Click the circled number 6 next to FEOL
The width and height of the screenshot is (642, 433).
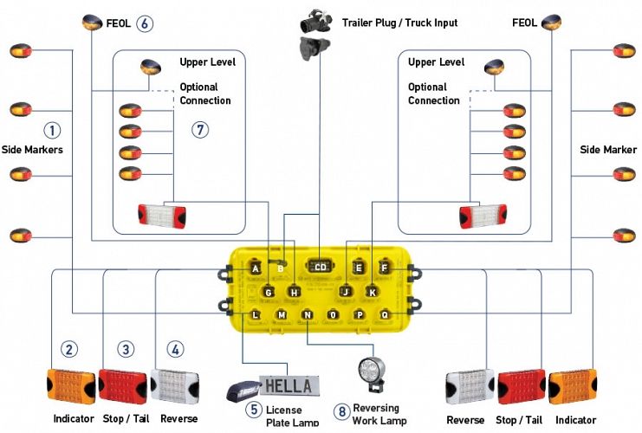click(x=145, y=23)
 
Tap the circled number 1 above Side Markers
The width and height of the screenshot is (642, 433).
click(x=53, y=131)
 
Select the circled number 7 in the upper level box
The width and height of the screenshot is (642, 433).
click(x=201, y=130)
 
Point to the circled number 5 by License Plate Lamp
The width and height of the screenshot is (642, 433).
click(x=253, y=409)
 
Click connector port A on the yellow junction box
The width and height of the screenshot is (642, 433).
click(x=256, y=268)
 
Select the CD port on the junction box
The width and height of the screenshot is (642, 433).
click(x=321, y=268)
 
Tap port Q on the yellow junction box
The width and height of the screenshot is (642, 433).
click(x=385, y=313)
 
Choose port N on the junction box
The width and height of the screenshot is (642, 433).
click(x=308, y=313)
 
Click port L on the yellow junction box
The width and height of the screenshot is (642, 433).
click(x=256, y=313)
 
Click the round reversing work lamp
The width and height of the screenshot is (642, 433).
click(x=369, y=373)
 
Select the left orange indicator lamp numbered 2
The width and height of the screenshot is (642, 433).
click(x=70, y=385)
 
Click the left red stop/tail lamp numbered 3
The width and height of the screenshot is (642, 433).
click(x=122, y=385)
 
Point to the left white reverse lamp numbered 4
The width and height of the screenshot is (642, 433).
click(x=175, y=385)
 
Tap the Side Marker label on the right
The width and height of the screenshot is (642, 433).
click(x=608, y=150)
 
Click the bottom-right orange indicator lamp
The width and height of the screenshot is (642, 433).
click(x=572, y=386)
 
